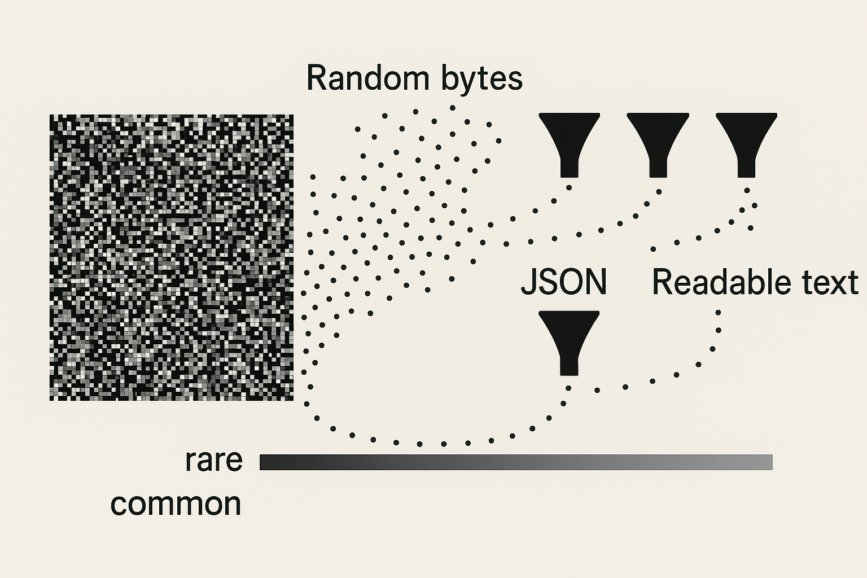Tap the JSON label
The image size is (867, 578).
(x=563, y=282)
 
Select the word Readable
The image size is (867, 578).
(x=714, y=282)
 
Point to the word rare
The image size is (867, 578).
(x=214, y=461)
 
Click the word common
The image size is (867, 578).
(x=176, y=503)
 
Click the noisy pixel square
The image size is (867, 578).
(x=172, y=257)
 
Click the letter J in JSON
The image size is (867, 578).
(x=529, y=282)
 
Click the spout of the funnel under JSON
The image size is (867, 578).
(x=569, y=364)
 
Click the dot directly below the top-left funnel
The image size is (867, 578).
(x=569, y=188)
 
